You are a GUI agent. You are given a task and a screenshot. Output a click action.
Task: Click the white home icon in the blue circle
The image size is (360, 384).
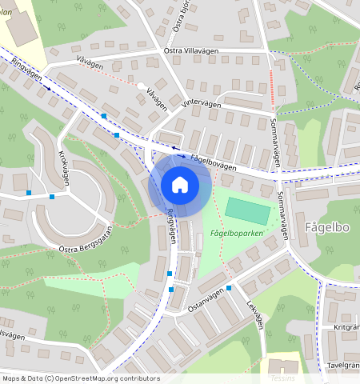(180, 185)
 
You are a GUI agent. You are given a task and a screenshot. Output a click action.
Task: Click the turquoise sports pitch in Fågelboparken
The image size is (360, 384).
(249, 210)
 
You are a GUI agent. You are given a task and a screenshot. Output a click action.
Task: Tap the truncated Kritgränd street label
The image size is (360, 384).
(346, 327)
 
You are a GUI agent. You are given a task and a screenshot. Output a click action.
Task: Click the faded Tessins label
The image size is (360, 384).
(283, 378)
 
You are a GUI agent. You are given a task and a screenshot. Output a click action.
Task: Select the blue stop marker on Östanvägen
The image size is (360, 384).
(229, 288)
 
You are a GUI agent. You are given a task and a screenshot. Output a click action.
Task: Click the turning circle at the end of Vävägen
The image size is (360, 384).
(142, 86)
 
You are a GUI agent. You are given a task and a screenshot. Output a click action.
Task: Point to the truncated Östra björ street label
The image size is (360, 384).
(182, 17)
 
